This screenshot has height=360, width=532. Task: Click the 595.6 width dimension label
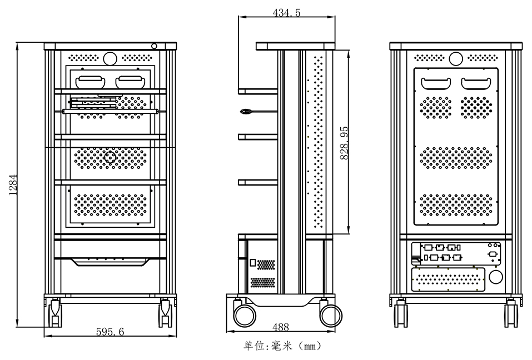click(110, 332)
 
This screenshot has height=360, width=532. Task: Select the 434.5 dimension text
click(287, 13)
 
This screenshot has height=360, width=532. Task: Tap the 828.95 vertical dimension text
click(344, 143)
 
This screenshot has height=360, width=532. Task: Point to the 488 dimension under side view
click(281, 327)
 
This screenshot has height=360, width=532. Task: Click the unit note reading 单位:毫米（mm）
click(282, 346)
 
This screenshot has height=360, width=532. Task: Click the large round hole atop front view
click(110, 58)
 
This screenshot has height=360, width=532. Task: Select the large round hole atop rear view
click(456, 58)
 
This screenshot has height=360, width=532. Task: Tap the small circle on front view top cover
click(155, 46)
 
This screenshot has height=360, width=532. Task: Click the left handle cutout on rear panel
click(436, 83)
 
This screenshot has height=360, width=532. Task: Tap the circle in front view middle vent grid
click(110, 157)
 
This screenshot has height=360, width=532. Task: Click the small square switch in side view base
click(253, 263)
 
